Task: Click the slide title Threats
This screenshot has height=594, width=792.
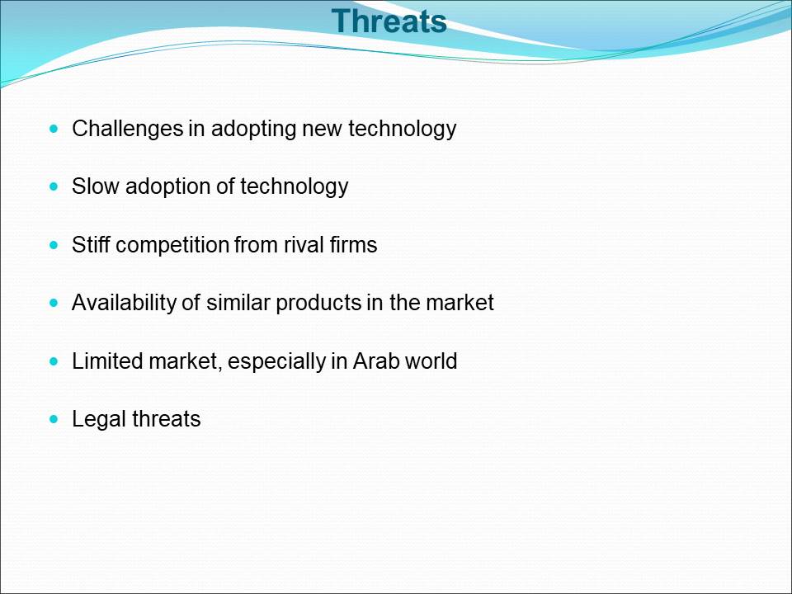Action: [x=389, y=21]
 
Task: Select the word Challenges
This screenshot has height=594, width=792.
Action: [x=127, y=130]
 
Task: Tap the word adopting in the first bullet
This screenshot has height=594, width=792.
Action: [x=253, y=130]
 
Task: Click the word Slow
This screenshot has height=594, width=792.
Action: [x=95, y=186]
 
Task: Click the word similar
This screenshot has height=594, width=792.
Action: [x=238, y=303]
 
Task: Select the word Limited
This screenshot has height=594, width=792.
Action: [x=107, y=361]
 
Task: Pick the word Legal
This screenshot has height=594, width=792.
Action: [x=99, y=420]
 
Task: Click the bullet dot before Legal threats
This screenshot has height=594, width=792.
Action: [x=54, y=419]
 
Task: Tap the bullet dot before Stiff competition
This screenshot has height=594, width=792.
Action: [x=54, y=245]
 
